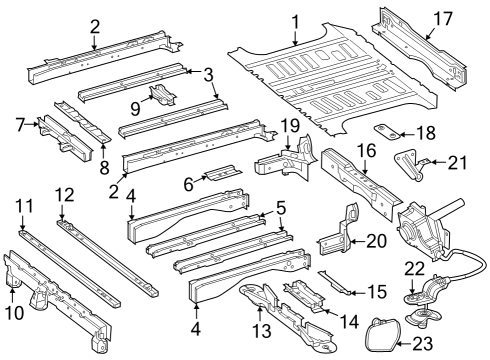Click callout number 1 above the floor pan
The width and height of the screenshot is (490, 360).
(295, 20)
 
